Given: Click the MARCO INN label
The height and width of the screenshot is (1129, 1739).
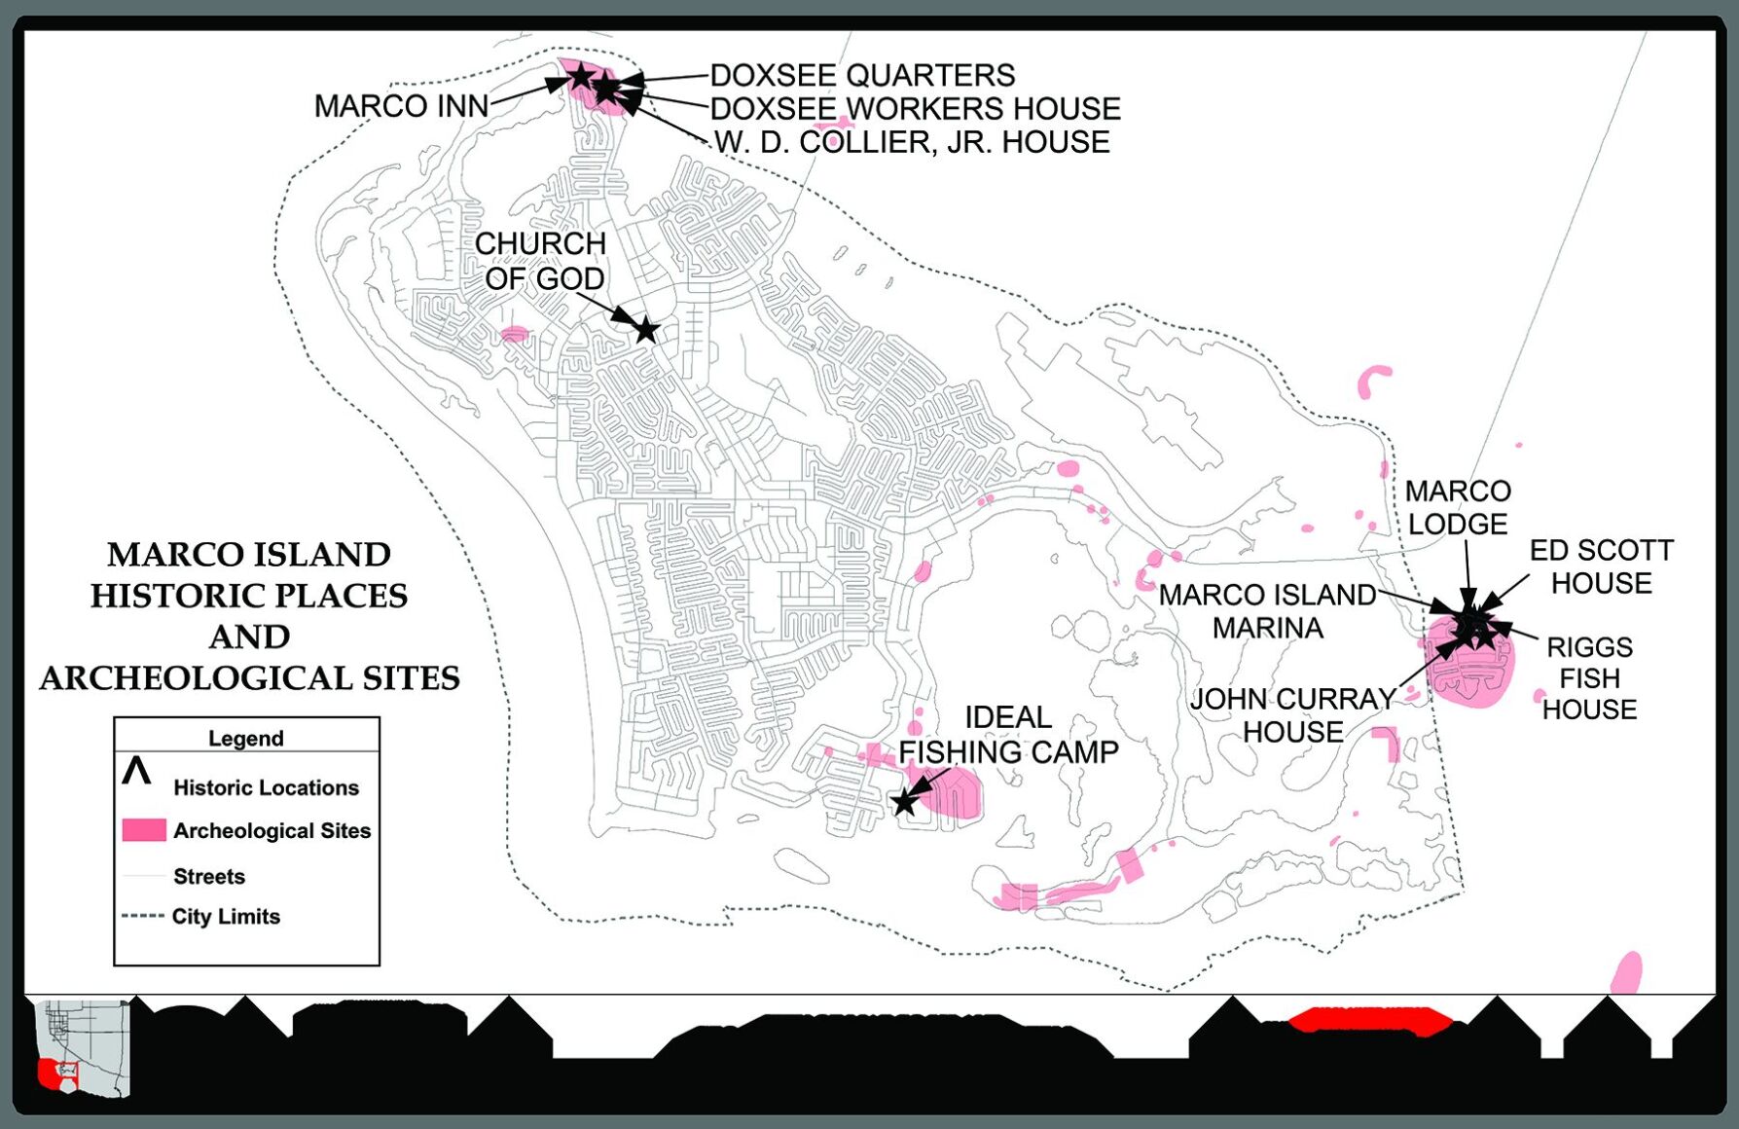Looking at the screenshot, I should pyautogui.click(x=401, y=106).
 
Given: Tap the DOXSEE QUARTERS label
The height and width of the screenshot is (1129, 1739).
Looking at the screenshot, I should pyautogui.click(x=862, y=75).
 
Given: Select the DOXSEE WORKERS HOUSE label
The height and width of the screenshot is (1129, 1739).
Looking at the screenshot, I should pyautogui.click(x=915, y=108).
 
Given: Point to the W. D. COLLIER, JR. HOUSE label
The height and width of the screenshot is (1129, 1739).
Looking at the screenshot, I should pyautogui.click(x=912, y=142).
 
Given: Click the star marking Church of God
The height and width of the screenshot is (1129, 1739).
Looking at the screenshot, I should pyautogui.click(x=646, y=330).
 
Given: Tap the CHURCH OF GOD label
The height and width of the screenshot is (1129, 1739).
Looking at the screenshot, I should pyautogui.click(x=541, y=261).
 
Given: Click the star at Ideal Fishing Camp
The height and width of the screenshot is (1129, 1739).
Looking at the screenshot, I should pyautogui.click(x=905, y=802).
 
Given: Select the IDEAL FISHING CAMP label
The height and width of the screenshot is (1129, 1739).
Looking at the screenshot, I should pyautogui.click(x=1008, y=735).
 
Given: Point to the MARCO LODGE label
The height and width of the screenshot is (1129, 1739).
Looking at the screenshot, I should pyautogui.click(x=1457, y=507).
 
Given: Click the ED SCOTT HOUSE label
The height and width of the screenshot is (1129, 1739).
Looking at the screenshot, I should pyautogui.click(x=1601, y=566).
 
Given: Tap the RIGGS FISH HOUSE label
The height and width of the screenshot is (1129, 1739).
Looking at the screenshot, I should pyautogui.click(x=1589, y=678).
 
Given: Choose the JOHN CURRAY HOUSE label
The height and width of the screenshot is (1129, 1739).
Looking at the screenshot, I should pyautogui.click(x=1292, y=715).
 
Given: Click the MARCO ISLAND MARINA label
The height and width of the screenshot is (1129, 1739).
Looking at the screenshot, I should pyautogui.click(x=1267, y=611).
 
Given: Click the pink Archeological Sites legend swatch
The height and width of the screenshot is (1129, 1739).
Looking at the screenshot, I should pyautogui.click(x=144, y=830).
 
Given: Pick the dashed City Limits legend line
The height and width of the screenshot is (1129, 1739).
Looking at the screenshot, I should pyautogui.click(x=142, y=916).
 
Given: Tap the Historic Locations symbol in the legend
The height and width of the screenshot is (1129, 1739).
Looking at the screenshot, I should pyautogui.click(x=136, y=772).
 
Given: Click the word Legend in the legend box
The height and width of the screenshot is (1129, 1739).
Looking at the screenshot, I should pyautogui.click(x=245, y=738).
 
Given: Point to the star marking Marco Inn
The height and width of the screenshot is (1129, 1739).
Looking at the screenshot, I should pyautogui.click(x=580, y=75).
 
